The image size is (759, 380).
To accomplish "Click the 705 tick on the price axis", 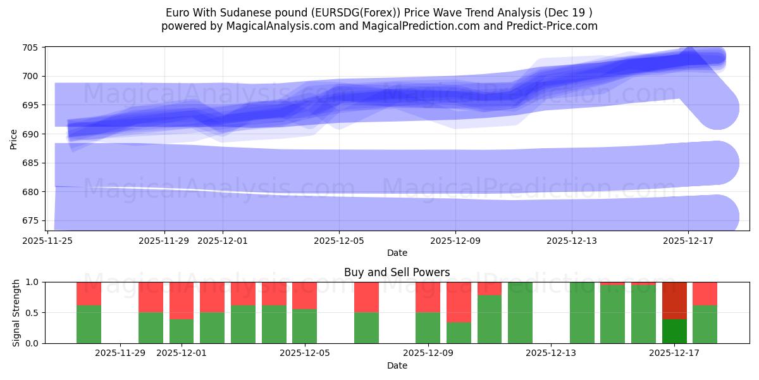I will pos(30,47).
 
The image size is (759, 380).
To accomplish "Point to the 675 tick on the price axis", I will pos(30,221).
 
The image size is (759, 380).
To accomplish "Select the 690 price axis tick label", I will pos(30,134).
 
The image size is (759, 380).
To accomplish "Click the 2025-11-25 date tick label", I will pos(48,241).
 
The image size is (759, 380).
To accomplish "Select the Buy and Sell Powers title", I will pos(397,272).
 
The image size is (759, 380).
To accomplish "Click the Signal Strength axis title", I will pos(16,313).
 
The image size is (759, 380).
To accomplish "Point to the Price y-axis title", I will pos(14,139).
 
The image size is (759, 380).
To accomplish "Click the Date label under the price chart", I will pos(397,253).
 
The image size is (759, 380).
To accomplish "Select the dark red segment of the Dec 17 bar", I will pos(674,300).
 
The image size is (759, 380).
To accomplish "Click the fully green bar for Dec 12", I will pos(521,313).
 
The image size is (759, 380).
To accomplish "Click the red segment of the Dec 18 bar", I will pos(705,293).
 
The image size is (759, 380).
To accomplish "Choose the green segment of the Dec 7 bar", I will pos(366,328).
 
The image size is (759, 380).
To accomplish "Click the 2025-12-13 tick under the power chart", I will pos(551,353).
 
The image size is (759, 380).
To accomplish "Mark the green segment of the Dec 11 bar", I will pos(490,319).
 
